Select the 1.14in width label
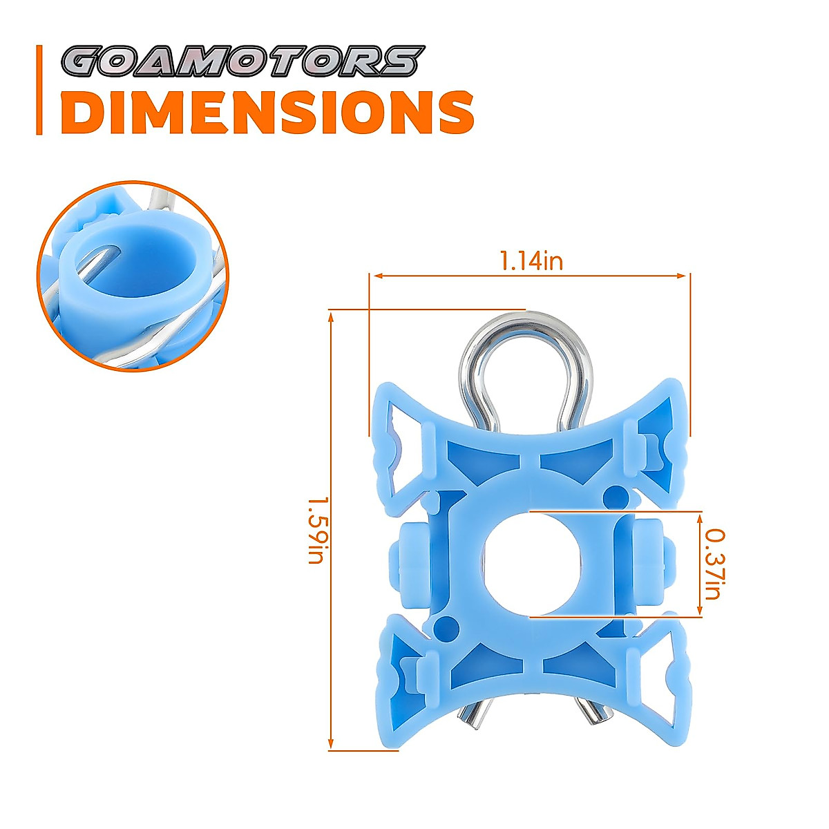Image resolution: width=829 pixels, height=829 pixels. (531, 261)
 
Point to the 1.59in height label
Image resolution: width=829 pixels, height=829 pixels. (316, 530)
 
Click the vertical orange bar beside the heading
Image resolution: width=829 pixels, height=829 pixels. (40, 90)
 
